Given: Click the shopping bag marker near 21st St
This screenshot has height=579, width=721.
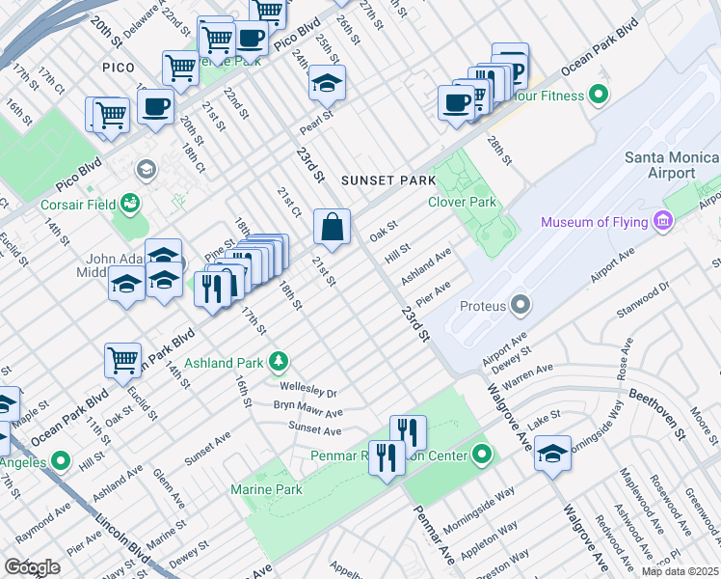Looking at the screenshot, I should click(332, 229).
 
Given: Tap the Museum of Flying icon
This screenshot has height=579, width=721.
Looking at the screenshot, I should click(662, 223).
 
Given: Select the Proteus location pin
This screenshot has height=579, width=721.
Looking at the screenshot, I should click(521, 306).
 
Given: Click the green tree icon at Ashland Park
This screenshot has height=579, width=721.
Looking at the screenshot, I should click(279, 362).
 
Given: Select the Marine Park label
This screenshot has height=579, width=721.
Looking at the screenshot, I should click(266, 489).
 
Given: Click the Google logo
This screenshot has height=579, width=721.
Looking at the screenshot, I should click(33, 567).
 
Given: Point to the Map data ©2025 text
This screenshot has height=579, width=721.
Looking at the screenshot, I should click(680, 571).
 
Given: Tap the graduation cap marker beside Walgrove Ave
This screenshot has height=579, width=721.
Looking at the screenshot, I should click(553, 453).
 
